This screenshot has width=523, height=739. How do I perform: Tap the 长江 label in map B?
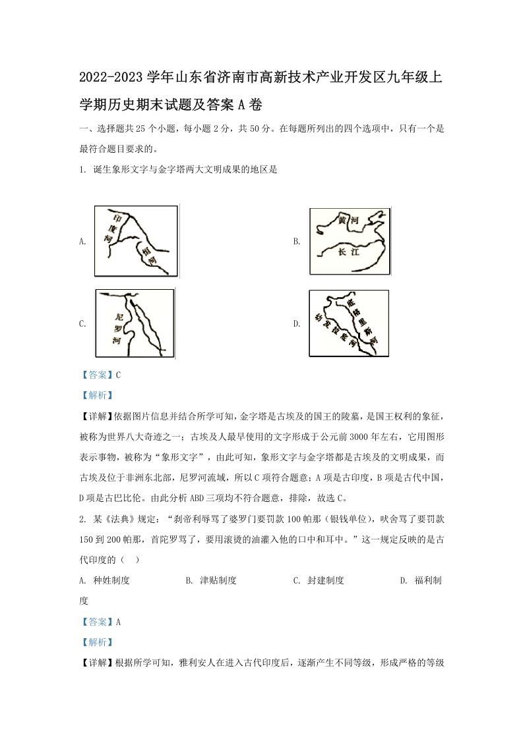point(346,253)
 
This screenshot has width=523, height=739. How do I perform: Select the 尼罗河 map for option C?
point(135,323)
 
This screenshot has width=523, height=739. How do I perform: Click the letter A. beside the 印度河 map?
point(82,242)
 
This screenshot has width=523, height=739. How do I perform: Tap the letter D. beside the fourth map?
point(297,323)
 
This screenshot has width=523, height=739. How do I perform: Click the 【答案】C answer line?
point(100,375)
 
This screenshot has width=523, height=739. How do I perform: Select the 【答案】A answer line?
point(100,621)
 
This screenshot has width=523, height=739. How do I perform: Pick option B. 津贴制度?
point(210,580)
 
